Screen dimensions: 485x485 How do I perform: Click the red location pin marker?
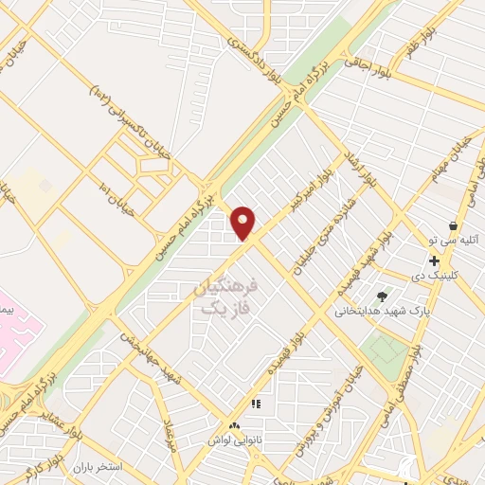(243, 223)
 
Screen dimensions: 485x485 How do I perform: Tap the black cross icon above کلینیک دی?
(434, 260)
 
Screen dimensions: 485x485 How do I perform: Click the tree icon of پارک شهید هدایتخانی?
(383, 296)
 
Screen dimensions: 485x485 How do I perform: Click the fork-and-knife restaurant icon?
(255, 404)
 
